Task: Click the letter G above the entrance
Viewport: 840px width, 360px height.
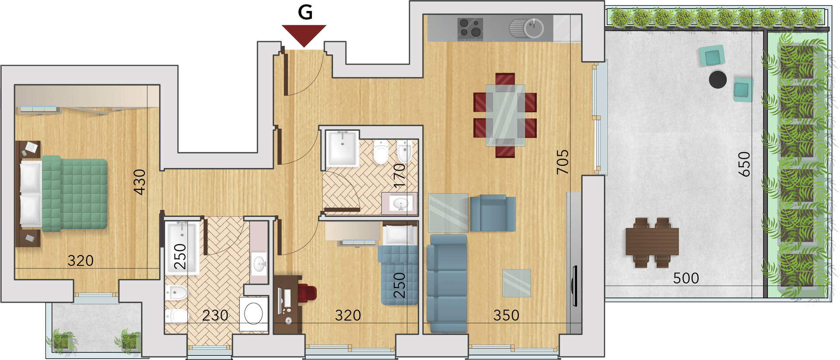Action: click(x=305, y=12)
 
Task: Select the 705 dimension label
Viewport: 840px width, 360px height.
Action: click(x=563, y=162)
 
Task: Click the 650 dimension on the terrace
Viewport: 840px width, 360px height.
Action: click(x=744, y=164)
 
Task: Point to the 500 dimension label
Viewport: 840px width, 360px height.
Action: click(x=686, y=278)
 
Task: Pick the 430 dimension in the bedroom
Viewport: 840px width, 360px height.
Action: click(x=140, y=182)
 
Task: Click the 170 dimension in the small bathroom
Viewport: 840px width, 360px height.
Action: click(x=399, y=175)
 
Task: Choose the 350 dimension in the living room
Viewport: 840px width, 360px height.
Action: click(x=506, y=315)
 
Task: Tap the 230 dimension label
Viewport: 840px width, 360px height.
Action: click(x=215, y=315)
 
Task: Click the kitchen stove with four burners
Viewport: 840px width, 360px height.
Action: click(x=470, y=29)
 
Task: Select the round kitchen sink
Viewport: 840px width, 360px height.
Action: click(x=534, y=28)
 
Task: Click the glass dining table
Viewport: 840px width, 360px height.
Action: click(x=505, y=115)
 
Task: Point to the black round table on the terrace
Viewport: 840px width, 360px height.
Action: click(x=717, y=80)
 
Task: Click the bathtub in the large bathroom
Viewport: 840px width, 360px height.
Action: click(x=182, y=247)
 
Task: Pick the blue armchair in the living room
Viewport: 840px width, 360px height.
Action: click(x=493, y=213)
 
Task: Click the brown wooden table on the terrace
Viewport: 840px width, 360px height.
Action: click(x=652, y=242)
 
